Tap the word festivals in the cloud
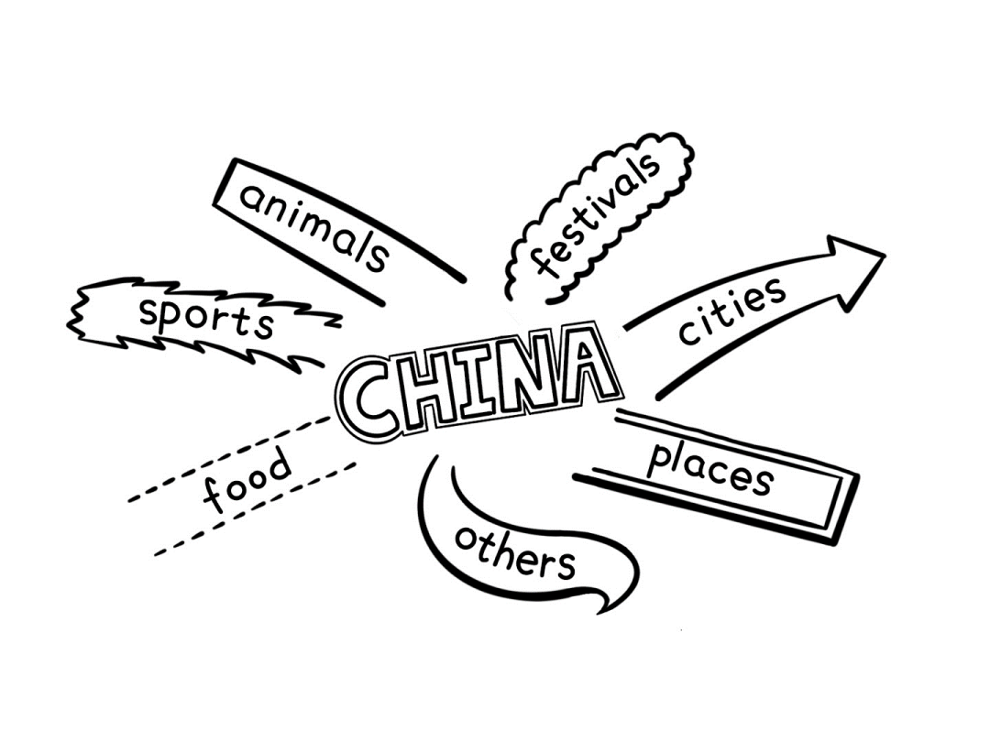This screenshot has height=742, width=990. pos(597,215)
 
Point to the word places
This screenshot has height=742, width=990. pos(710,468)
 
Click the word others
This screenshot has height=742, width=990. pos(515,551)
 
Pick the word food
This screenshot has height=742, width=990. pos(247,482)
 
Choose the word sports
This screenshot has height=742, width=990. pos(206,318)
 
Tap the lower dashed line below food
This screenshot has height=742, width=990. pos(257,508)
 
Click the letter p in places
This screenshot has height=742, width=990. pos(658,459)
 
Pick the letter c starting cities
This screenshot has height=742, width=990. pos(687,334)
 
